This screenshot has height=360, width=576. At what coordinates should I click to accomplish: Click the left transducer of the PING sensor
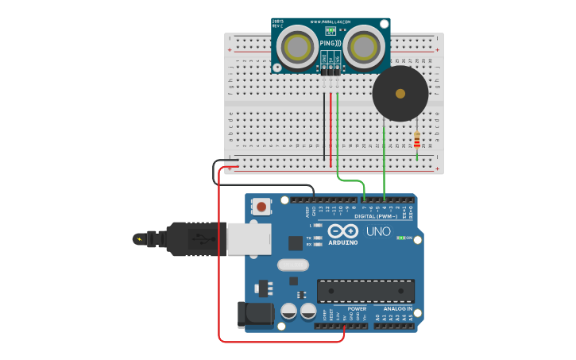[299, 47]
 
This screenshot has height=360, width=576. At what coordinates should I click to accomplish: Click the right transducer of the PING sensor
[364, 47]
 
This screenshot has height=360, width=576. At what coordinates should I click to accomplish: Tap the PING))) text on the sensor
[331, 43]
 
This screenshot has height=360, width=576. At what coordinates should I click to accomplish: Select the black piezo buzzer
[400, 94]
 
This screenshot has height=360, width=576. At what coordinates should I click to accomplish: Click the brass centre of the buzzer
[400, 94]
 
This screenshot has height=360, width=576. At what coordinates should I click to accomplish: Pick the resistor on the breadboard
[417, 141]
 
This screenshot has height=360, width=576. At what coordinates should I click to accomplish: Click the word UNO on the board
[378, 232]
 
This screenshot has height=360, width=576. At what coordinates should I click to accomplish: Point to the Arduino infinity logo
[342, 230]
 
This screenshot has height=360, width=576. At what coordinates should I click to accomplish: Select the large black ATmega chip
[365, 290]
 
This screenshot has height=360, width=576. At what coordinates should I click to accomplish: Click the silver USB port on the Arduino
[249, 238]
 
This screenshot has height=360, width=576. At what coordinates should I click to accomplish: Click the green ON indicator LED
[400, 238]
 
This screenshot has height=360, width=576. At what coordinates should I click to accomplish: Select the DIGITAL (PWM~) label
[375, 216]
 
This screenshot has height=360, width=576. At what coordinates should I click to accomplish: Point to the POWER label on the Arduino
[357, 308]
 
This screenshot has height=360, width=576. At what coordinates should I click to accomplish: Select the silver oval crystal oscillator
[292, 265]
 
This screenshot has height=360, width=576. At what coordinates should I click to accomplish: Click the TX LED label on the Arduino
[308, 237]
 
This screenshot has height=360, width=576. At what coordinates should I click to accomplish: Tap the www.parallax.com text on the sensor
[331, 21]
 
